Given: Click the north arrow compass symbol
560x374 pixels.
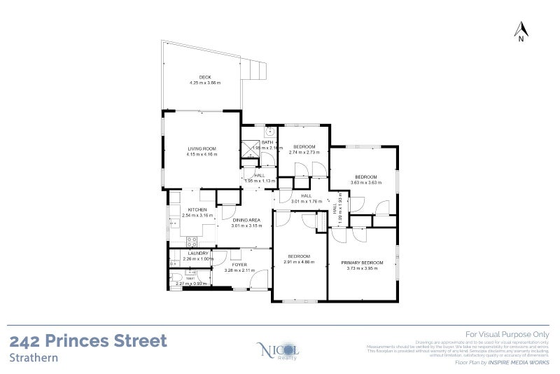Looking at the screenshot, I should pyautogui.click(x=521, y=31).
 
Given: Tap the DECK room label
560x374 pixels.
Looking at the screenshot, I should pyautogui.click(x=204, y=77).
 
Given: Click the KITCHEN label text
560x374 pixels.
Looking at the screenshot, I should pyautogui.click(x=197, y=210).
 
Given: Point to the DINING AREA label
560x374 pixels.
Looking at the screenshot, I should pyautogui.click(x=246, y=221).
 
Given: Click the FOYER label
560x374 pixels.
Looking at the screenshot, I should pyautogui.click(x=240, y=265).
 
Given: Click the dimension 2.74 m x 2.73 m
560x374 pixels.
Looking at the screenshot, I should pyautogui.click(x=304, y=152).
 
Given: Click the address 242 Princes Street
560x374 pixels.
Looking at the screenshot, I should pyautogui.click(x=88, y=341).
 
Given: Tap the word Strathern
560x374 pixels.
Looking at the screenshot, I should pyautogui.click(x=34, y=356).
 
